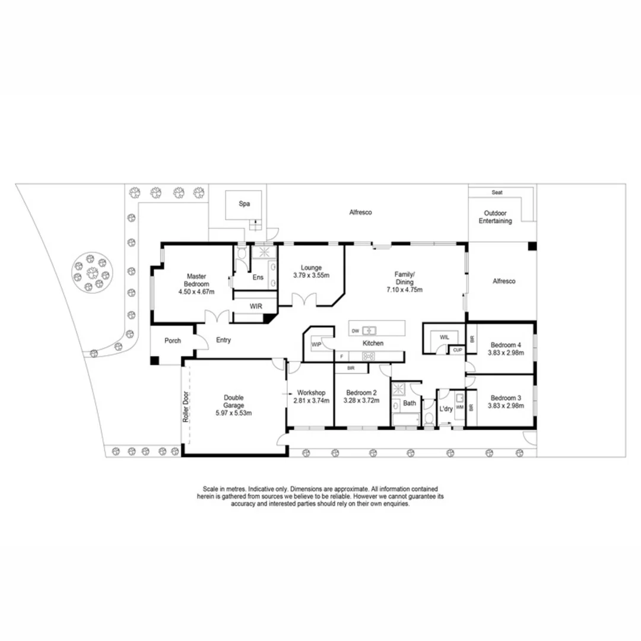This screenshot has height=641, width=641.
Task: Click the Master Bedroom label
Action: pyautogui.click(x=196, y=280)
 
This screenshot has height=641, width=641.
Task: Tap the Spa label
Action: pyautogui.click(x=244, y=204)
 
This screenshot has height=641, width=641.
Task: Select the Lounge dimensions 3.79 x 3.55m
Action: pyautogui.click(x=311, y=275)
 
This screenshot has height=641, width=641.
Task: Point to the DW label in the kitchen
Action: pyautogui.click(x=355, y=331)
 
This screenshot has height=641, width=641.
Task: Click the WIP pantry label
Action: pyautogui.click(x=316, y=344)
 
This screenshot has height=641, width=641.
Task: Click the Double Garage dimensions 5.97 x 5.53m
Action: pyautogui.click(x=234, y=413)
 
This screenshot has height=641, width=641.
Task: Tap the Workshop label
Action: pyautogui.click(x=312, y=393)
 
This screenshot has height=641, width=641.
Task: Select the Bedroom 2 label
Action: pyautogui.click(x=361, y=393)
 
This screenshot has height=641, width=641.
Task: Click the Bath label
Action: pyautogui.click(x=410, y=403)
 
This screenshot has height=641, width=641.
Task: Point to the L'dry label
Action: pyautogui.click(x=446, y=409)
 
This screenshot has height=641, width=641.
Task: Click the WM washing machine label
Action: pyautogui.click(x=459, y=408)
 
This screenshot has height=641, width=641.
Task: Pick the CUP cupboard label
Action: pyautogui.click(x=457, y=350)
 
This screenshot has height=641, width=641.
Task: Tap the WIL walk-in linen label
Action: pyautogui.click(x=444, y=337)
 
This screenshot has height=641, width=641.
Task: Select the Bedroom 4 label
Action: pyautogui.click(x=506, y=345)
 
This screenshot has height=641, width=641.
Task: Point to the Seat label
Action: pyautogui.click(x=497, y=192)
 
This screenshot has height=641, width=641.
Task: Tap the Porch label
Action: pyautogui.click(x=172, y=341)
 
